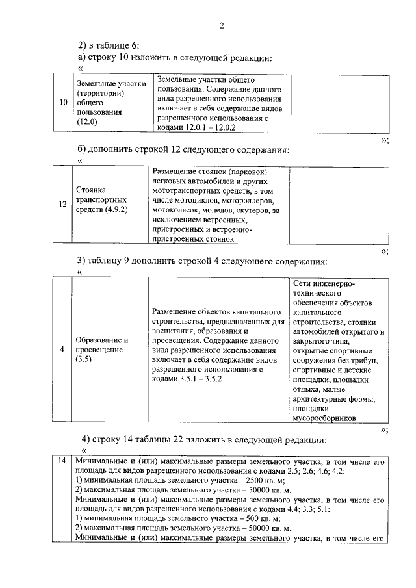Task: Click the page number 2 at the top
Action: (221, 26)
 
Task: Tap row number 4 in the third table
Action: (62, 350)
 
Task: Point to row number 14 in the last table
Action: (62, 461)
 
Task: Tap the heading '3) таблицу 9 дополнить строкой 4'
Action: (202, 261)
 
